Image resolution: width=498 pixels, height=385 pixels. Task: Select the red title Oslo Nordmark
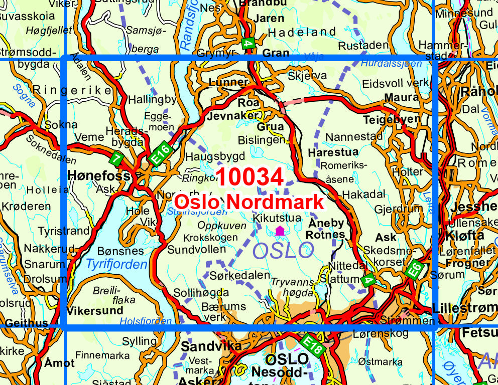[x=249, y=202]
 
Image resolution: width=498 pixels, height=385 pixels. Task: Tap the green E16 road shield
[x=161, y=152]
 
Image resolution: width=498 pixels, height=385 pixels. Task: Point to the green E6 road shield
[x=414, y=269]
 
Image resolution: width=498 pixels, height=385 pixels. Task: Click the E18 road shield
[x=313, y=345]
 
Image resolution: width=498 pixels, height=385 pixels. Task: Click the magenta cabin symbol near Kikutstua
[x=280, y=231]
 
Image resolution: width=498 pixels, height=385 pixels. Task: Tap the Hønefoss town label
[x=99, y=176]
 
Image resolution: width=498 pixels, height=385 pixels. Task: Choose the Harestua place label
[x=333, y=152]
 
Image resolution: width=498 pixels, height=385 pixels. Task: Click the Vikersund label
[x=95, y=310]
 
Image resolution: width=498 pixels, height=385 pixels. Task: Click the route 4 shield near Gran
[x=247, y=43]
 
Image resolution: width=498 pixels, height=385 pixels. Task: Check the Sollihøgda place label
[x=201, y=292]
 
